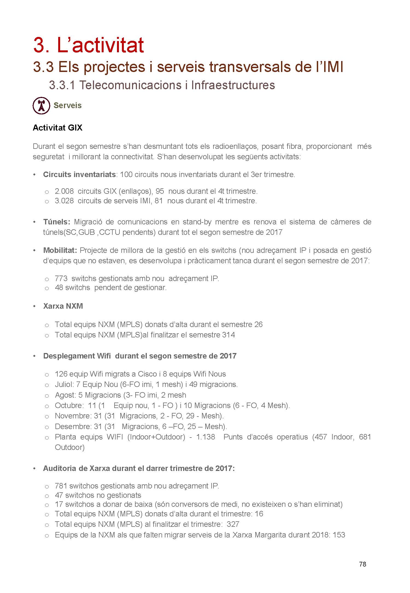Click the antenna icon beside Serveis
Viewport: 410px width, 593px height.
tap(41, 106)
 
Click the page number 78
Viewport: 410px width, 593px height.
tap(362, 564)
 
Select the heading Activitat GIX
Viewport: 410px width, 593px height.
tap(57, 128)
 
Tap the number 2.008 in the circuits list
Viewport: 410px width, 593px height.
tap(64, 191)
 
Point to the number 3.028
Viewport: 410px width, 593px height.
tap(64, 201)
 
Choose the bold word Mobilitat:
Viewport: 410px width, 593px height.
tap(60, 250)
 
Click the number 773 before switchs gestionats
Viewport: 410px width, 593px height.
tap(61, 279)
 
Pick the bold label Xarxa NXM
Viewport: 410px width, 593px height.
tap(63, 306)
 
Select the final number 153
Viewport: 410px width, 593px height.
tap(339, 535)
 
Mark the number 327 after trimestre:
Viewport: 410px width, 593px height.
tap(233, 524)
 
